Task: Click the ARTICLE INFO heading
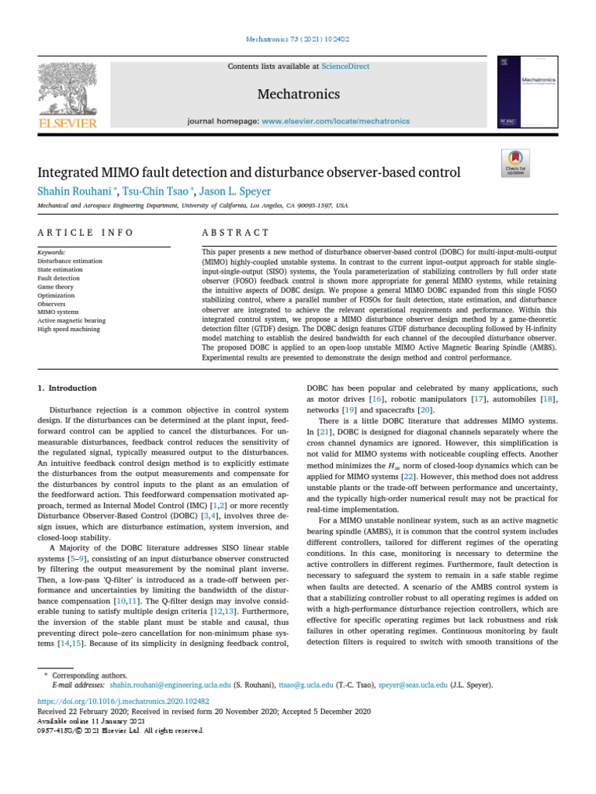click(86, 233)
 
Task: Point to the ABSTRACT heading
click(235, 233)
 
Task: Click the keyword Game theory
click(56, 287)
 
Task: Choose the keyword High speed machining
click(68, 330)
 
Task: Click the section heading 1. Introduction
click(68, 388)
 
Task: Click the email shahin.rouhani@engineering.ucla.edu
click(170, 685)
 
